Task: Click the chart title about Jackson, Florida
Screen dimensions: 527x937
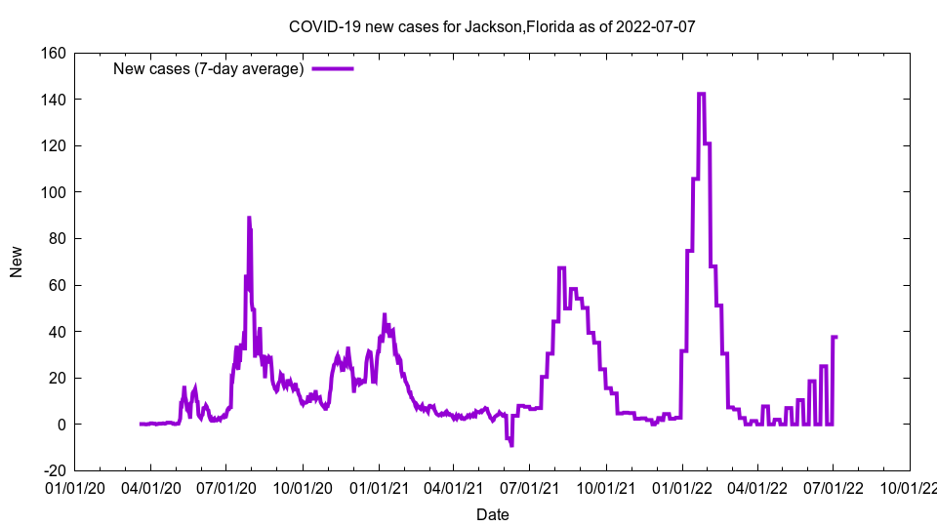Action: click(492, 26)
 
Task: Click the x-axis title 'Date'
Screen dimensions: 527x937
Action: click(492, 514)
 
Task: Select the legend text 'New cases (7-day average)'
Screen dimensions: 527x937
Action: click(208, 69)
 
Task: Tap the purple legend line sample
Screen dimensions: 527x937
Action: click(333, 69)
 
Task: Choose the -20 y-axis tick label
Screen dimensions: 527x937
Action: click(52, 471)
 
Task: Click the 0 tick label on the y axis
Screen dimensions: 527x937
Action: click(61, 425)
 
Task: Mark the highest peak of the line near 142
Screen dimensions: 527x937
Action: click(701, 94)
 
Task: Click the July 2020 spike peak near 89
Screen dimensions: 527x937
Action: click(249, 218)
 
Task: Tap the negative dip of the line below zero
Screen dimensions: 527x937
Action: click(511, 445)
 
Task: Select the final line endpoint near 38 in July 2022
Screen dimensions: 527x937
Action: click(835, 337)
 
